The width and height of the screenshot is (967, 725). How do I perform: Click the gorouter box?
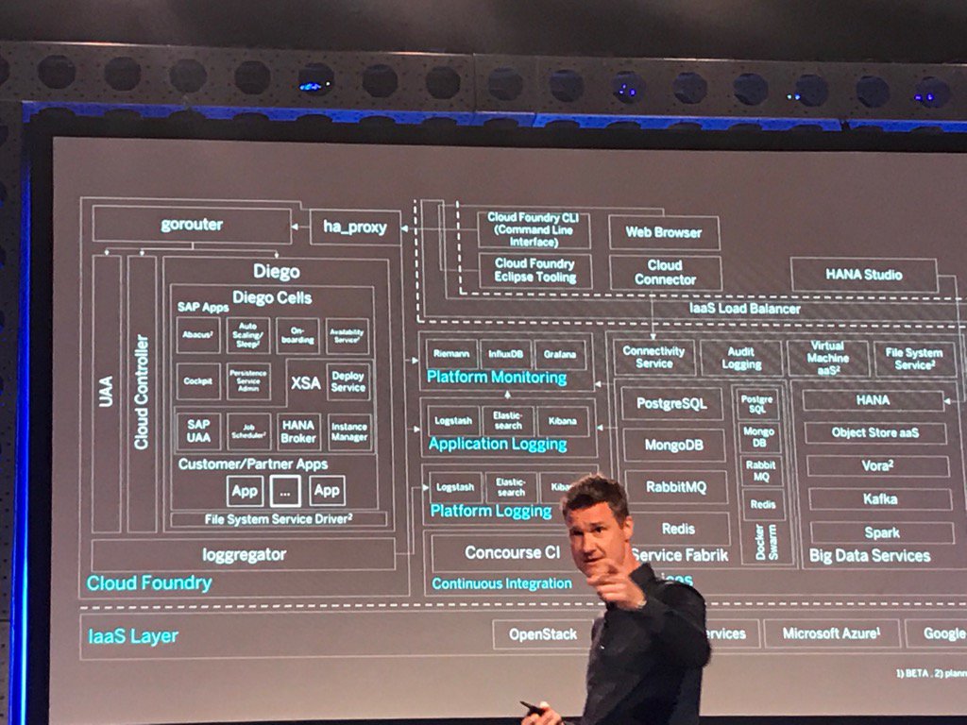coord(192,226)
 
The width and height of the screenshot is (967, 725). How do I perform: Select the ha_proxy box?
coord(355,228)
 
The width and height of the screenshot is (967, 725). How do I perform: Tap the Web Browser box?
coord(663,232)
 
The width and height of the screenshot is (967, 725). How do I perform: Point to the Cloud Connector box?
coord(665,273)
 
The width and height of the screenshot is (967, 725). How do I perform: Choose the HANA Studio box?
coord(863,275)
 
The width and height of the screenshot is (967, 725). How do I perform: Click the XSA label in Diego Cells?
coord(306,382)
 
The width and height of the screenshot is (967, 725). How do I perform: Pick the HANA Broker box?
coord(297,431)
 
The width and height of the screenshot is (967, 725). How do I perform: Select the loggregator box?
coord(244,554)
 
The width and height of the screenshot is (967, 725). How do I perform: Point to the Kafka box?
coord(879,498)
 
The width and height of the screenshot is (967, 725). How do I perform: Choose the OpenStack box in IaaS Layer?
coord(542,633)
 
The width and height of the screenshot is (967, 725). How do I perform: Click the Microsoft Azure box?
coord(831,633)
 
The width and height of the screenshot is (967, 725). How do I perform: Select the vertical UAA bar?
coord(106,392)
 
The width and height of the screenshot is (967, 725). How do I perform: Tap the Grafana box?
coord(560,354)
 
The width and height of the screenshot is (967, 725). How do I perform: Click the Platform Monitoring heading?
coord(496,378)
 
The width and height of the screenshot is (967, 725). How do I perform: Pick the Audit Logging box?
coord(741,358)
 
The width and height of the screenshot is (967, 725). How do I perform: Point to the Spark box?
coord(881,532)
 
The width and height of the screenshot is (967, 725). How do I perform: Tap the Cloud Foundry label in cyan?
coord(149,583)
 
